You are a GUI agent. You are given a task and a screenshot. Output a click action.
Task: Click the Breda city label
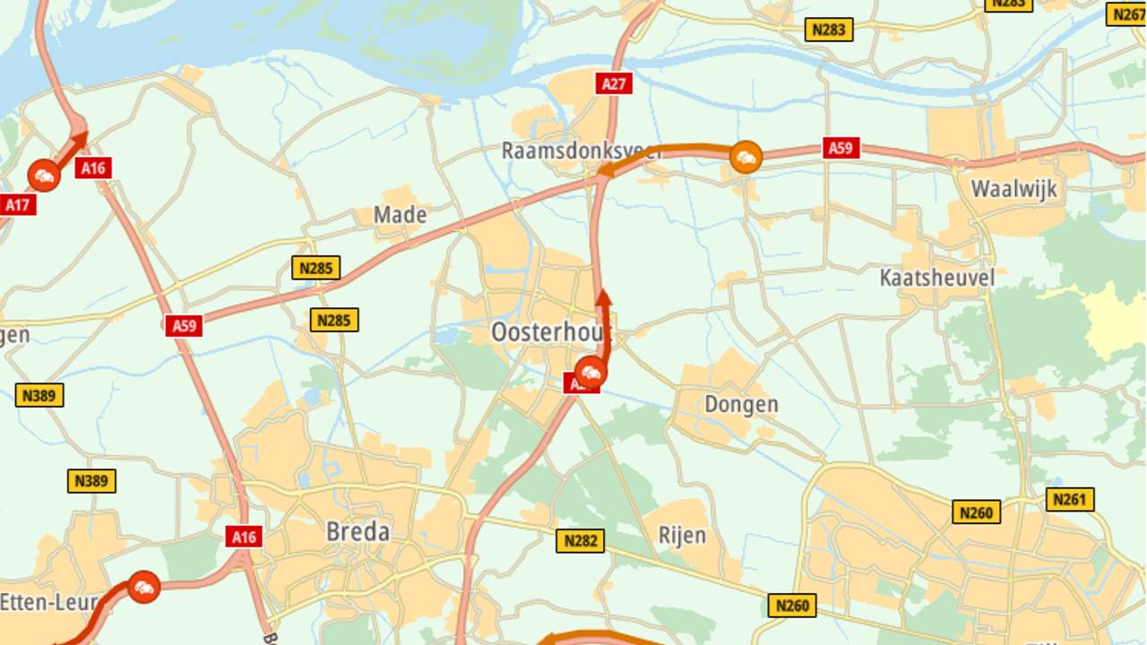pos(358,532)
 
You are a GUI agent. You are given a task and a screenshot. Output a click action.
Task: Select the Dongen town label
pos(740,404)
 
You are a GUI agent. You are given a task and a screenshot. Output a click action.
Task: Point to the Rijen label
pos(682,536)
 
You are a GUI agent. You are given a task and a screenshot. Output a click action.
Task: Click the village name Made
pos(400,215)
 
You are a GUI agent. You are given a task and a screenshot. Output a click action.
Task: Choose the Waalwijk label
pos(1013,189)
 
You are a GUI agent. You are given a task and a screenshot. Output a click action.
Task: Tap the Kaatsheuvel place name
pos(936,278)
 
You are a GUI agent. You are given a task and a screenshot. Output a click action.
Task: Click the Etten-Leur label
pos(47,602)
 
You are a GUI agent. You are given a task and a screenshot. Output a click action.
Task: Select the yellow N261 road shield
pos(1070,500)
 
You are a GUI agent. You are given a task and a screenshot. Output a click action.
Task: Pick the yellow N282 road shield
pos(580,540)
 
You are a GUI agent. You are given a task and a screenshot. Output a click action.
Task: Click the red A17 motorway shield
pos(16,205)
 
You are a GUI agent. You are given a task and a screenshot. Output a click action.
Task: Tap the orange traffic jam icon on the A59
pos(745,158)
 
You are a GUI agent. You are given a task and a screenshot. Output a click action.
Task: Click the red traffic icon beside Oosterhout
pos(591,371)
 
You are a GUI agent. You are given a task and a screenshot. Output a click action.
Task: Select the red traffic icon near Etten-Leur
pos(143,588)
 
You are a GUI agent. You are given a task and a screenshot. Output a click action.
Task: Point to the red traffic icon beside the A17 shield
pos(44,176)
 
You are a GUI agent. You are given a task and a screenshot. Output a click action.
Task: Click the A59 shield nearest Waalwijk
pos(841,148)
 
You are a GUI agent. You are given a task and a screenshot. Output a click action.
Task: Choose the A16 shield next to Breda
pos(243,537)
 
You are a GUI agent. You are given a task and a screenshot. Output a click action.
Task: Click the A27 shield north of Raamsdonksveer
pos(614,84)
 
